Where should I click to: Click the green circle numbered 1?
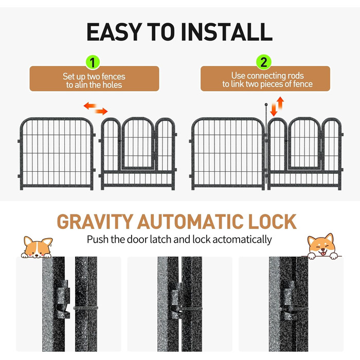pyautogui.click(x=93, y=62)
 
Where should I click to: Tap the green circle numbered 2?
pyautogui.click(x=264, y=62)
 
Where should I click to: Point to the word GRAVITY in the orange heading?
pyautogui.click(x=95, y=222)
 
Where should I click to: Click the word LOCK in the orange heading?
pyautogui.click(x=272, y=222)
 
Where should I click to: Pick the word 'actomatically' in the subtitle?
pyautogui.click(x=242, y=240)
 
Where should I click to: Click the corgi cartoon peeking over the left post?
pyautogui.click(x=37, y=247)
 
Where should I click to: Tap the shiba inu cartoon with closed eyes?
pyautogui.click(x=322, y=246)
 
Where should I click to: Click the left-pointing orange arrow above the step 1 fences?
pyautogui.click(x=90, y=106)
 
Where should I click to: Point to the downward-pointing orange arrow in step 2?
pyautogui.click(x=274, y=110)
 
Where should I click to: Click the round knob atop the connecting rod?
pyautogui.click(x=266, y=104)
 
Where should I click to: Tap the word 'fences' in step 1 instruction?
pyautogui.click(x=113, y=77)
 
